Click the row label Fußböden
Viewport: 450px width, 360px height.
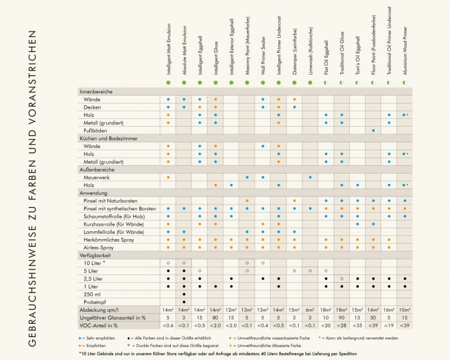pos(94,130)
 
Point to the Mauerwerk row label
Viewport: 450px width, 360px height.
pos(96,177)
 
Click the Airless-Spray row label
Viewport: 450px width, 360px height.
pos(98,247)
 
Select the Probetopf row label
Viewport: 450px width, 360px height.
pos(95,301)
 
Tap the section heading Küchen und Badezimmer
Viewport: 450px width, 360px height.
pos(108,138)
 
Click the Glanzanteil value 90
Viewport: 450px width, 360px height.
pos(342,317)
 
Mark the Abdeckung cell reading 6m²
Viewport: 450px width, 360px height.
pos(310,309)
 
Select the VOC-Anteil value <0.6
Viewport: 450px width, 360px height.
pos(168,325)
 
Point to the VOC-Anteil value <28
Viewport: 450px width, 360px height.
pos(342,325)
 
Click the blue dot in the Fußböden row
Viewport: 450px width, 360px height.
pos(373,130)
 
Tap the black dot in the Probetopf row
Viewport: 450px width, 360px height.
pos(184,301)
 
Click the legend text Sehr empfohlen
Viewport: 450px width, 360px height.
pos(100,337)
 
